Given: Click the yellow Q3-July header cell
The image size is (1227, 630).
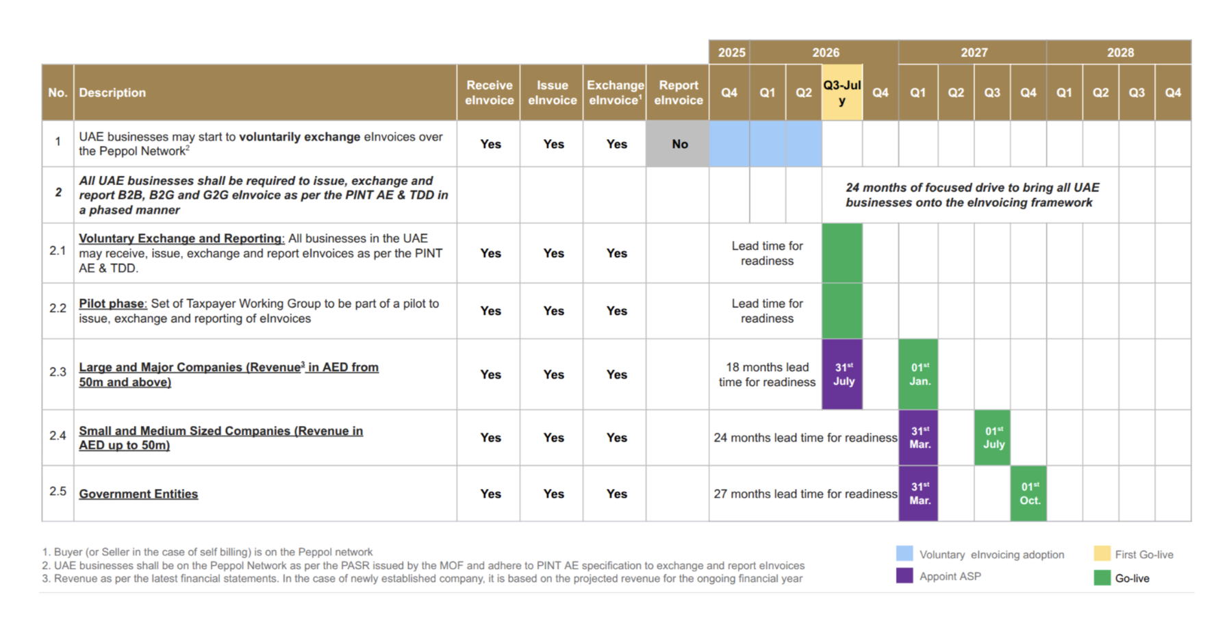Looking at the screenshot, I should pyautogui.click(x=842, y=92).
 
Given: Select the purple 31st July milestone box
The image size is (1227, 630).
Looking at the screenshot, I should pyautogui.click(x=842, y=374).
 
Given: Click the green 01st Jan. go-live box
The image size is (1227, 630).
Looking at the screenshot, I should pyautogui.click(x=918, y=374).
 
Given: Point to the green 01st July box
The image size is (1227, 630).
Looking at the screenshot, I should pyautogui.click(x=993, y=438).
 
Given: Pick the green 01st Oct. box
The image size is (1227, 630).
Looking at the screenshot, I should pyautogui.click(x=1028, y=494).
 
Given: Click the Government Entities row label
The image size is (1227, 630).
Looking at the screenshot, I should pyautogui.click(x=138, y=494).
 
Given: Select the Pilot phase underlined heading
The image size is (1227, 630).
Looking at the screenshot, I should pyautogui.click(x=112, y=303).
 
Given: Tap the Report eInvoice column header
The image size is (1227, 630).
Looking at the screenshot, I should pyautogui.click(x=678, y=92).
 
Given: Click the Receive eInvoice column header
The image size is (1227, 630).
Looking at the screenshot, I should pyautogui.click(x=489, y=92).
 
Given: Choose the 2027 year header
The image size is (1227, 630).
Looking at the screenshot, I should pyautogui.click(x=973, y=53).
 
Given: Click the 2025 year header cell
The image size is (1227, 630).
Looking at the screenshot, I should pyautogui.click(x=731, y=53).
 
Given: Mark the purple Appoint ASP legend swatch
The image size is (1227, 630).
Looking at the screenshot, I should pyautogui.click(x=905, y=575).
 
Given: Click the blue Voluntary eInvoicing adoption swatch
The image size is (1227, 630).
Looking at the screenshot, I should pyautogui.click(x=905, y=553).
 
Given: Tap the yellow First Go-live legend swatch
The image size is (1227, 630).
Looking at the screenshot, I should pyautogui.click(x=1102, y=553).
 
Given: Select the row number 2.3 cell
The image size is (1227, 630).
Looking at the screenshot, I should pyautogui.click(x=58, y=372).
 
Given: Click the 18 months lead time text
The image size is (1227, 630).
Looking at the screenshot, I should pyautogui.click(x=767, y=375).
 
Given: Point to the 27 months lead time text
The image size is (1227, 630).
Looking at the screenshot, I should pyautogui.click(x=805, y=494).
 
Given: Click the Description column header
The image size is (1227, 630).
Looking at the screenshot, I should pyautogui.click(x=112, y=92).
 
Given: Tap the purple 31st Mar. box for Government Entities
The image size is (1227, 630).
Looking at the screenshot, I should pyautogui.click(x=918, y=494).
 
